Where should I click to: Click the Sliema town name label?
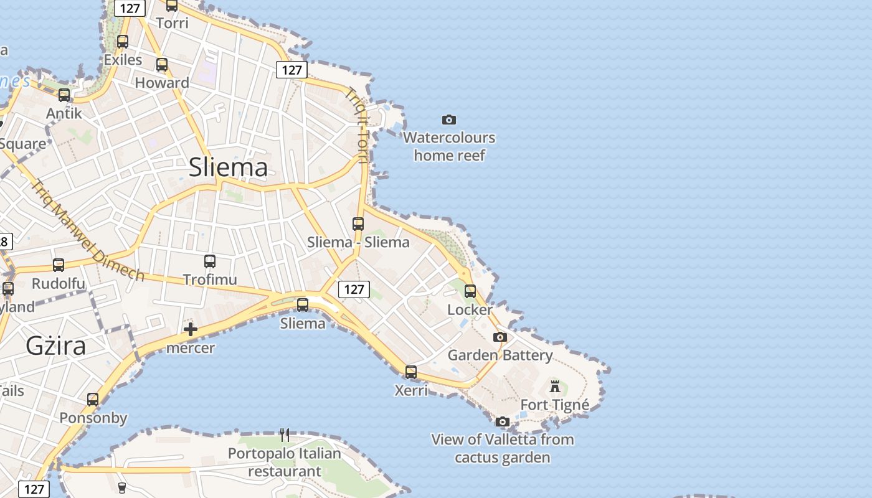228,167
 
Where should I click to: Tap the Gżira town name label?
56,345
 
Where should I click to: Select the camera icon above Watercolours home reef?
448,120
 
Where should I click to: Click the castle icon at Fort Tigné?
555,387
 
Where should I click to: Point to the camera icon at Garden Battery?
500,337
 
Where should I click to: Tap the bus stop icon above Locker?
470,291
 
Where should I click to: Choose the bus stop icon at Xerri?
411,372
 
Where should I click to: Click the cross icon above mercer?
191,329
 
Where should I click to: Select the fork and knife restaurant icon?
285,435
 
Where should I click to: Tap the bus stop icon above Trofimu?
210,261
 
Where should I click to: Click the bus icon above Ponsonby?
93,400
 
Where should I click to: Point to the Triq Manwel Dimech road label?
88,230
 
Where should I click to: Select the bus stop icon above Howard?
162,65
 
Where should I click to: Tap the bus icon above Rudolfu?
59,265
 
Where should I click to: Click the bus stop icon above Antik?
64,95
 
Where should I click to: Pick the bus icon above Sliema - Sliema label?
358,224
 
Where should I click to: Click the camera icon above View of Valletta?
503,422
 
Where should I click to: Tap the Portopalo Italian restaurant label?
285,462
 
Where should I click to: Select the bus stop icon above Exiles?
123,42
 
